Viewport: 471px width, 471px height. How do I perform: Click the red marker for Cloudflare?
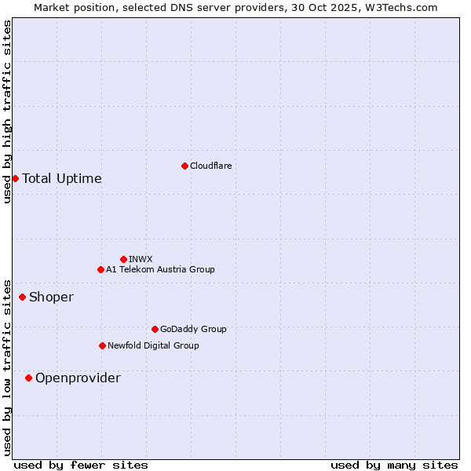pos(184,166)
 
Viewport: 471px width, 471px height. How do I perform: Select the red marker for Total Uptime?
pos(15,178)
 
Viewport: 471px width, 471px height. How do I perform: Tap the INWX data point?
pos(123,259)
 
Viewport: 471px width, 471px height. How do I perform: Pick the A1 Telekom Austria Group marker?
pos(100,269)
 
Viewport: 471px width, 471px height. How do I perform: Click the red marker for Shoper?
pos(22,297)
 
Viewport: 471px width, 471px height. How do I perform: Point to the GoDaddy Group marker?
pos(155,329)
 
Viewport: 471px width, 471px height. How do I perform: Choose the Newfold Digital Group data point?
pos(102,345)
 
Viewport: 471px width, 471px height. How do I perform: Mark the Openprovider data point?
pos(28,378)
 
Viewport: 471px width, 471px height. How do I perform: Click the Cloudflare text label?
pos(210,166)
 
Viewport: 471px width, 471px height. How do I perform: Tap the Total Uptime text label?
pos(62,178)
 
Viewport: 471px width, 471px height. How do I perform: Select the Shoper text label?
pos(51,297)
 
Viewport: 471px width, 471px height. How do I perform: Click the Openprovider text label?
pos(78,378)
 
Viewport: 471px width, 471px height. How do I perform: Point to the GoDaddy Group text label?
pos(193,329)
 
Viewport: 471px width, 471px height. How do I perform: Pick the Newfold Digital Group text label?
pos(153,345)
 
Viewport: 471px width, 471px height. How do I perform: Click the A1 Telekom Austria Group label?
pos(160,269)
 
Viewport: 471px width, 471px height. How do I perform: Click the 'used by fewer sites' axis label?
pos(81,465)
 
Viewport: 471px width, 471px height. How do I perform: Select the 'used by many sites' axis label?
pos(394,465)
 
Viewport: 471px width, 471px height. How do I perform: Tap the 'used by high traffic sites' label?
pos(7,111)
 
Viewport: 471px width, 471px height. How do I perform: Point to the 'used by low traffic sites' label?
pos(7,367)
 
